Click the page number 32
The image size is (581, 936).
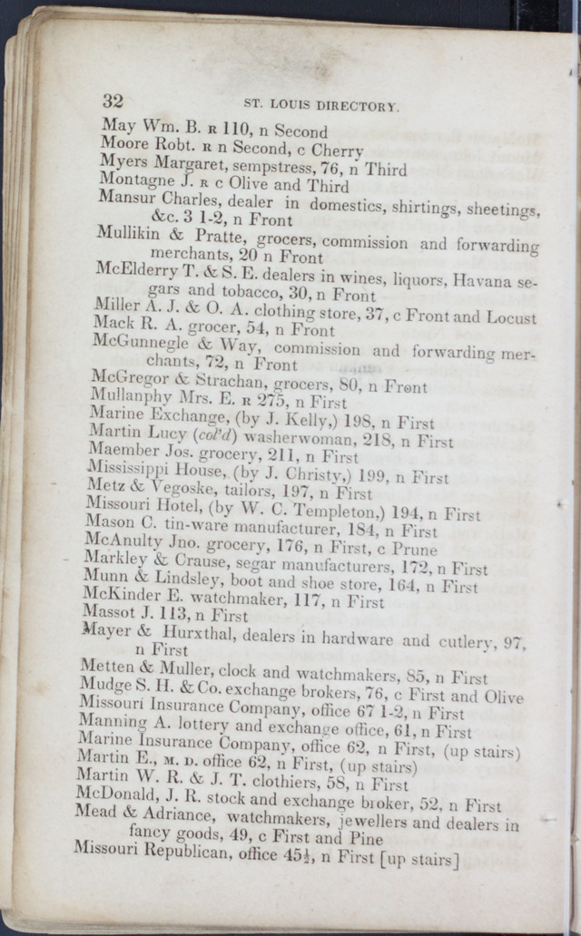113,101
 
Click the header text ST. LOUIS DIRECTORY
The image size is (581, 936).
322,106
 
